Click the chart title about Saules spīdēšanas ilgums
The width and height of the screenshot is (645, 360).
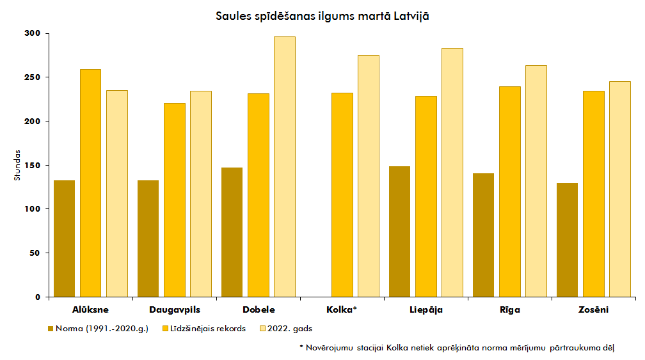point(322,16)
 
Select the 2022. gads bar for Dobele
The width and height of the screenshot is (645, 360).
point(284,166)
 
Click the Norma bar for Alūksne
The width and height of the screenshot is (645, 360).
point(64,239)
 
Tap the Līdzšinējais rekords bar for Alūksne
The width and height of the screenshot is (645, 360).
point(90,183)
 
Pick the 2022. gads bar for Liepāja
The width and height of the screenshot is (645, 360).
point(452,172)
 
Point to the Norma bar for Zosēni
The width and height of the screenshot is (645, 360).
point(567,240)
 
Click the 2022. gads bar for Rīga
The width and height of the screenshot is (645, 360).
point(536,181)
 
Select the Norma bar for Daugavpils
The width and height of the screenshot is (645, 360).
point(148,239)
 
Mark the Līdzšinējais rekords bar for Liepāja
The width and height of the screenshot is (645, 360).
point(426,196)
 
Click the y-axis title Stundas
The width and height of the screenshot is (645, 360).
point(17,165)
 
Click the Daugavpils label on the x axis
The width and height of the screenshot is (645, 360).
point(175,310)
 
